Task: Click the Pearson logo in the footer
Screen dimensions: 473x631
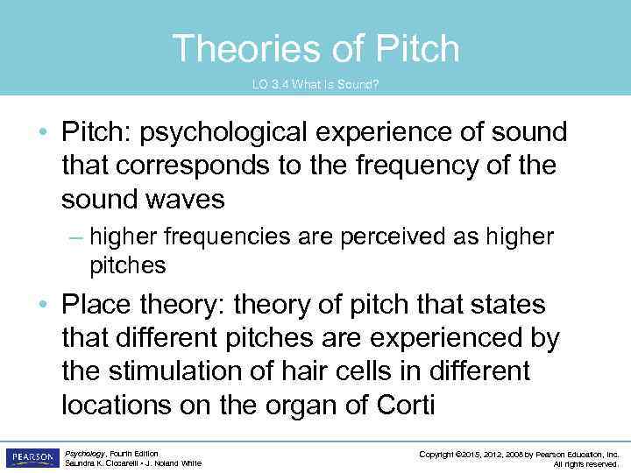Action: click(32, 457)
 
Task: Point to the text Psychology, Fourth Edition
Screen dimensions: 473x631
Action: click(111, 453)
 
